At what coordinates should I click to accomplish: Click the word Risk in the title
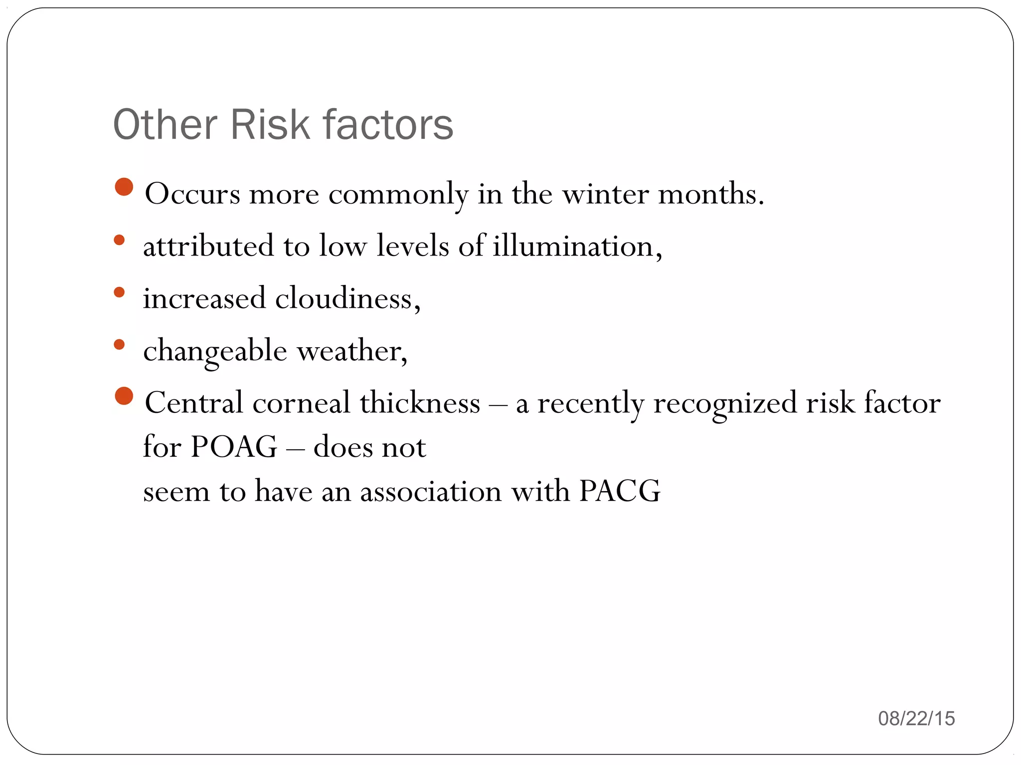tap(270, 125)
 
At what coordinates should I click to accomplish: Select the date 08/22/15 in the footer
tap(916, 719)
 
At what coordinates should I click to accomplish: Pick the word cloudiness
tap(347, 298)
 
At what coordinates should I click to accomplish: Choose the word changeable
tap(215, 351)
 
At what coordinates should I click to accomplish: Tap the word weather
tap(352, 351)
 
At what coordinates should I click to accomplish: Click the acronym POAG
tap(234, 447)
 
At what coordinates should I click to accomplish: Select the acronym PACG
tap(620, 491)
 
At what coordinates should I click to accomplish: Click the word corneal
tap(301, 403)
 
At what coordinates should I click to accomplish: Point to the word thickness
tap(420, 403)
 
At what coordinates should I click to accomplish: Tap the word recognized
tap(725, 403)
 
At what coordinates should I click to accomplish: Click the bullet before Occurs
tap(124, 187)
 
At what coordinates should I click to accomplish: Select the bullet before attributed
tap(119, 240)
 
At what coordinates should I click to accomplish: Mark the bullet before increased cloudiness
tap(119, 292)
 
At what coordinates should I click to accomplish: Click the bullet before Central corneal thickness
tap(124, 396)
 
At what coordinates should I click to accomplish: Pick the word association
tap(431, 491)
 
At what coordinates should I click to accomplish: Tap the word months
tap(711, 194)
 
